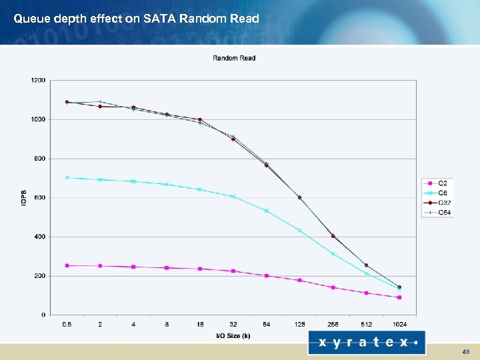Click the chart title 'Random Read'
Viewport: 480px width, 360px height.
[234, 58]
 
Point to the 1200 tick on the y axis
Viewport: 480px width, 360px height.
[39, 81]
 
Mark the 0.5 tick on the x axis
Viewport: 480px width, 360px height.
[67, 325]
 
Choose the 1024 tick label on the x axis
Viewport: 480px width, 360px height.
[399, 325]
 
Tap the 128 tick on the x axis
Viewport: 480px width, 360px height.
[300, 325]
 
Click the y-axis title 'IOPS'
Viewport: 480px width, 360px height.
[24, 197]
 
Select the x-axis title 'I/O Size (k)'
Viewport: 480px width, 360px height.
[233, 335]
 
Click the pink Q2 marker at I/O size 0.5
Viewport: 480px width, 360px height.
[67, 265]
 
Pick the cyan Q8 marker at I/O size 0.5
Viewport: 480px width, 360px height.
[67, 177]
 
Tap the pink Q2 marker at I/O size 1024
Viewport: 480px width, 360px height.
[399, 297]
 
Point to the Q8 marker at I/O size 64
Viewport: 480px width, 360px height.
[267, 211]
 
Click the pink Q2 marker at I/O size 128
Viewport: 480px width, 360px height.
[300, 280]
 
